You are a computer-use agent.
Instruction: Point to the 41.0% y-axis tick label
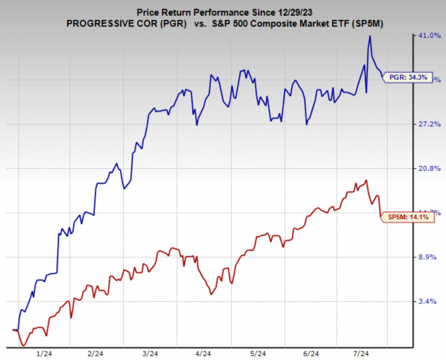tap(429, 35)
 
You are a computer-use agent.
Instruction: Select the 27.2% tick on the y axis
tap(429, 124)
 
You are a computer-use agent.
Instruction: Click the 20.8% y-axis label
tap(429, 168)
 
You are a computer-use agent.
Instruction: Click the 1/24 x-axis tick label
tap(45, 354)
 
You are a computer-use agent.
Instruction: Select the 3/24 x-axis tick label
tap(151, 354)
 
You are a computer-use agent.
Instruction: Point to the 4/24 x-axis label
tap(204, 354)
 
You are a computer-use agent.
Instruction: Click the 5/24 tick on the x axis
tap(256, 354)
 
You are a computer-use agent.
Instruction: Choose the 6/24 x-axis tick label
tap(308, 354)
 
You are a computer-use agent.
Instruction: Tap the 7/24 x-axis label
tap(360, 354)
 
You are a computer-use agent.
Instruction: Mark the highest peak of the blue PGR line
tap(370, 37)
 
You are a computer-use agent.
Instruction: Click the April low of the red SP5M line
tap(210, 295)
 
